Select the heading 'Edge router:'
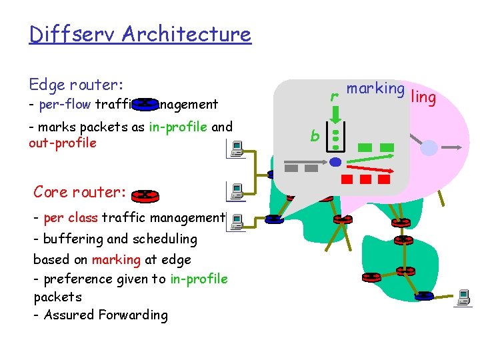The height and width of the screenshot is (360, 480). pos(76,85)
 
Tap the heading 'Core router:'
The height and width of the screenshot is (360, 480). pos(80,192)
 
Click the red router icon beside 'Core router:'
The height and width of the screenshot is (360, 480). pos(145,195)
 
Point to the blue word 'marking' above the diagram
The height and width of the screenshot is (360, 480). pos(375,89)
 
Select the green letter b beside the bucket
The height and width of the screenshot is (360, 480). pos(314,136)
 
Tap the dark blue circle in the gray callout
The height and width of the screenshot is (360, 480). pos(336,162)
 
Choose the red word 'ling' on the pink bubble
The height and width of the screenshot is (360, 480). pos(424,98)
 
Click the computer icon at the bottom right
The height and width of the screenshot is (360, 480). pos(463,297)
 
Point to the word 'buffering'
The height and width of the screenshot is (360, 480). pos(71,239)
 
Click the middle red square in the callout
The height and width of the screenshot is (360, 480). pos(365,179)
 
